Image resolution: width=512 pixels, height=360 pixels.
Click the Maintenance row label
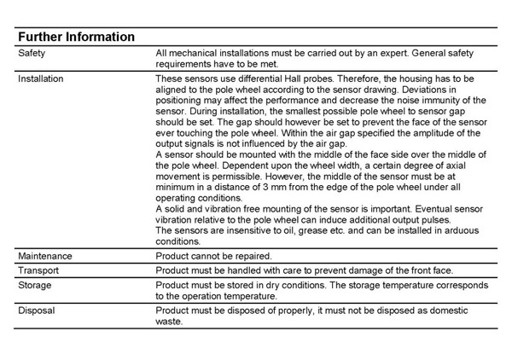pos(45,256)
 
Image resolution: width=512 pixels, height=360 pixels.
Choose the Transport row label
pos(40,270)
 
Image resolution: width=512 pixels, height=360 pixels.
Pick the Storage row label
pos(35,285)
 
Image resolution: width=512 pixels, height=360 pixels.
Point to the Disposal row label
pos(37,311)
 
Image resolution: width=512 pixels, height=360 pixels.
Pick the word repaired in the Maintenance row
pos(253,256)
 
